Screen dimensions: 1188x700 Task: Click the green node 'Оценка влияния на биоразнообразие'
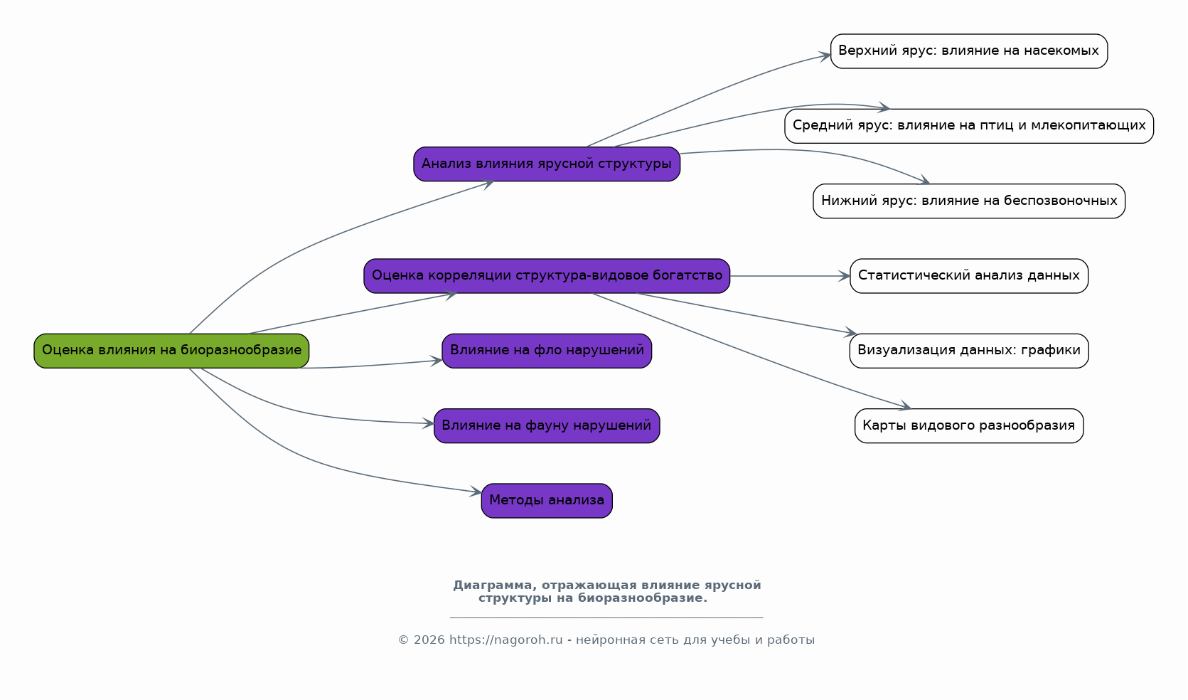point(171,351)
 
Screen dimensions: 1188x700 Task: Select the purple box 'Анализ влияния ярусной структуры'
point(547,164)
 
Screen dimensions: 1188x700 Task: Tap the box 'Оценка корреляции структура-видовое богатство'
point(547,276)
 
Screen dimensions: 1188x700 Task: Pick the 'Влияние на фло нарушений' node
point(547,351)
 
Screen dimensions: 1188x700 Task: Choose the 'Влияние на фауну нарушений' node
point(547,425)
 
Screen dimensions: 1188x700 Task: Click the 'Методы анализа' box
point(547,500)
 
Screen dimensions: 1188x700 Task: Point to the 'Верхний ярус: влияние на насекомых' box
point(969,51)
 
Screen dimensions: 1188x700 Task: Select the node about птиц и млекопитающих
point(969,127)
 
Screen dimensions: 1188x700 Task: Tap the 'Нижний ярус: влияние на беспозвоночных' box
point(969,201)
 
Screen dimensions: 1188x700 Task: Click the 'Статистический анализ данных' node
point(969,276)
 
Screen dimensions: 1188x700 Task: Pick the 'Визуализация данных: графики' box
point(969,351)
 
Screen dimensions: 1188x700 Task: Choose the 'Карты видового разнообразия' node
point(969,425)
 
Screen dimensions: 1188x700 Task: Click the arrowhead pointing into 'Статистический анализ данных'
point(845,276)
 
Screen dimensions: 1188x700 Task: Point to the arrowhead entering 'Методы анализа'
point(476,492)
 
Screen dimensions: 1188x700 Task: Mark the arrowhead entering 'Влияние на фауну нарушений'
point(428,423)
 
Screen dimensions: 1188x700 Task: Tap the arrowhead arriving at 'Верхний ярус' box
point(825,55)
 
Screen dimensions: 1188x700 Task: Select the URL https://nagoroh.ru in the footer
point(506,640)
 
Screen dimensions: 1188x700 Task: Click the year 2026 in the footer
point(429,640)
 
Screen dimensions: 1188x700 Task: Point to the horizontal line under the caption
point(606,617)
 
